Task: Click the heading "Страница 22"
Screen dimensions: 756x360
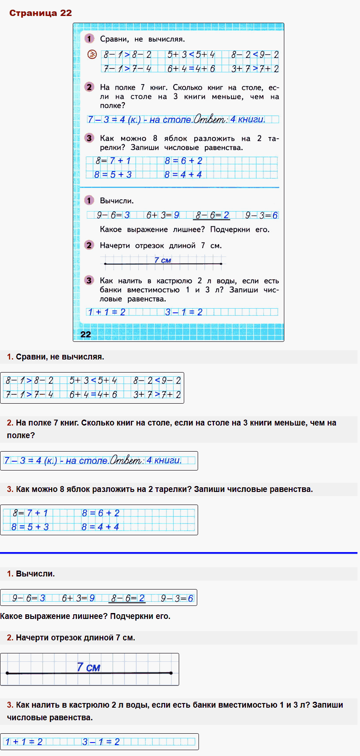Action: pyautogui.click(x=40, y=13)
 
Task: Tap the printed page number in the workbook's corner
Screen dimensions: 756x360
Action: pyautogui.click(x=85, y=334)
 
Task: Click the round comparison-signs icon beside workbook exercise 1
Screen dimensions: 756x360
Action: pyautogui.click(x=92, y=54)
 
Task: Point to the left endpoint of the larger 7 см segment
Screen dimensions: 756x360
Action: pyautogui.click(x=8, y=673)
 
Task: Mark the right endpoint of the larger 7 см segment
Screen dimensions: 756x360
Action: pyautogui.click(x=171, y=673)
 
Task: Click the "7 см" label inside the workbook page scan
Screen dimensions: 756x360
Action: pyautogui.click(x=162, y=260)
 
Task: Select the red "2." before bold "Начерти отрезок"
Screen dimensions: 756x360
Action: pyautogui.click(x=10, y=637)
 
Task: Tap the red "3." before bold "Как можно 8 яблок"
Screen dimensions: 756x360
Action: pyautogui.click(x=10, y=489)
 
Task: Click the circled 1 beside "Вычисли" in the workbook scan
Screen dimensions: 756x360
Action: pyautogui.click(x=89, y=201)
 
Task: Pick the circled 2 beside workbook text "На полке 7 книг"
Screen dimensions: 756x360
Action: pyautogui.click(x=89, y=87)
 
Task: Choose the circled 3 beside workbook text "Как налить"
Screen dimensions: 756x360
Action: pyautogui.click(x=89, y=280)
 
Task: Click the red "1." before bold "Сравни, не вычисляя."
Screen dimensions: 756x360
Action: pyautogui.click(x=10, y=357)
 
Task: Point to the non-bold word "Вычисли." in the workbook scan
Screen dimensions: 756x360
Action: pyautogui.click(x=117, y=201)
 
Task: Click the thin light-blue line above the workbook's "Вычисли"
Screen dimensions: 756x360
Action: pyautogui.click(x=180, y=187)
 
